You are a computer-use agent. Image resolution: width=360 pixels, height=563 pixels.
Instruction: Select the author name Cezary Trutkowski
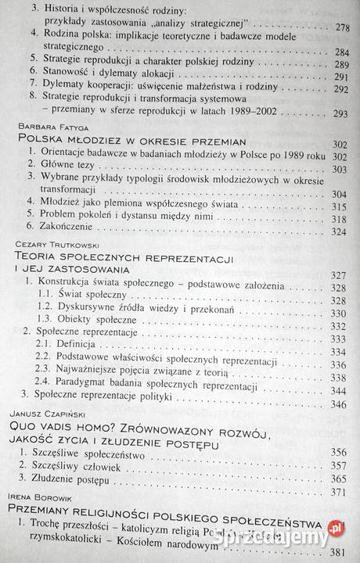(x=56, y=244)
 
